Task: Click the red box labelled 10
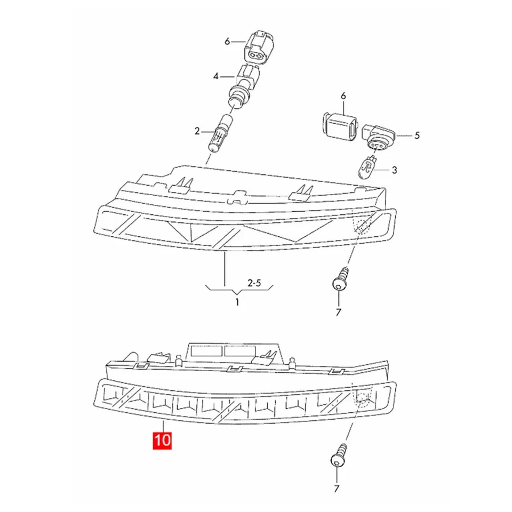coord(163,441)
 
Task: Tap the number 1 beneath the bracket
coord(237,302)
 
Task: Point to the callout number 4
coord(216,77)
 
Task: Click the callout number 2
coord(197,130)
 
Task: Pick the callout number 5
coord(417,135)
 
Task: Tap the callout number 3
coord(394,170)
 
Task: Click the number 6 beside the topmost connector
coord(227,42)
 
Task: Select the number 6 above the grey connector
coord(343,96)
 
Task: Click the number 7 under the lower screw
coord(337,488)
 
